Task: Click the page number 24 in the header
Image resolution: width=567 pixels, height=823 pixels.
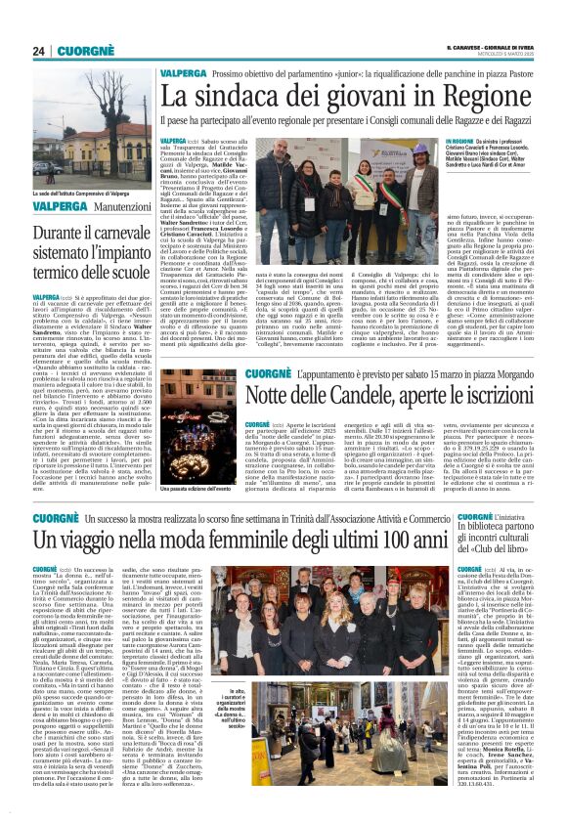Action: [x=40, y=51]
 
